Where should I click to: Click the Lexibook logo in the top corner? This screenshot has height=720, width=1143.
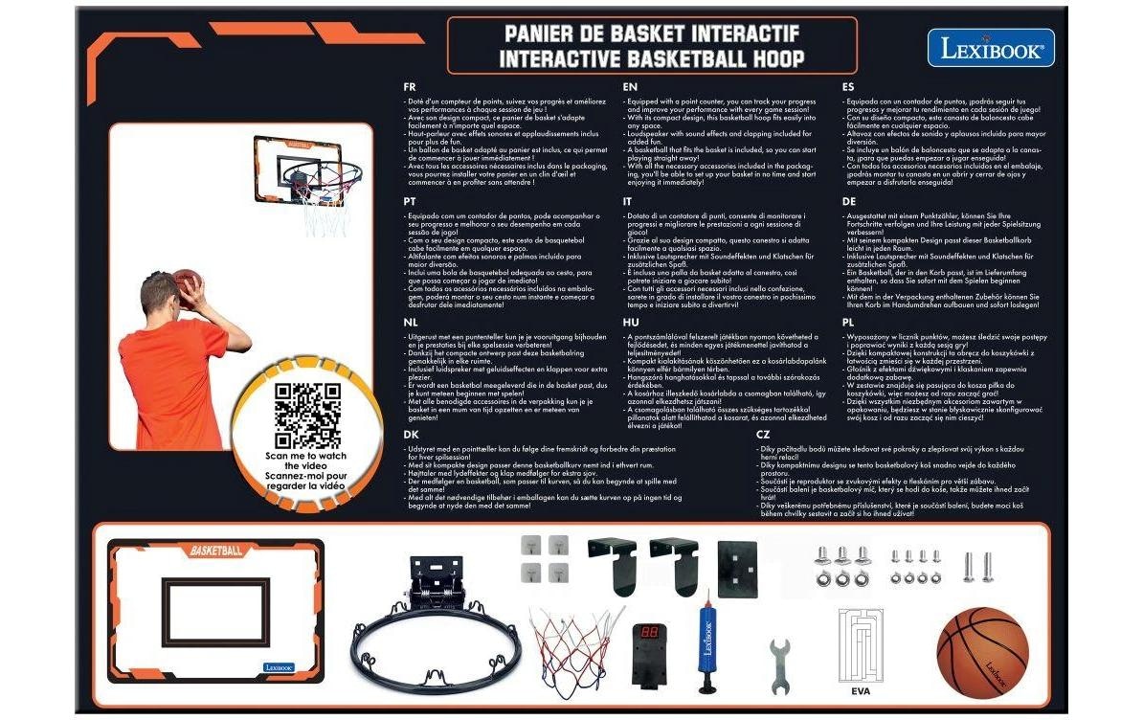coord(990,48)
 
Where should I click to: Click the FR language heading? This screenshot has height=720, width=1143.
coord(412,86)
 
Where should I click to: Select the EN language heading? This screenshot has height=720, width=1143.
coord(630,86)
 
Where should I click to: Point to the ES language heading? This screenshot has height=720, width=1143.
coord(848,86)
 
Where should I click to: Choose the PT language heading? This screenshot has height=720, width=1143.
coord(412,202)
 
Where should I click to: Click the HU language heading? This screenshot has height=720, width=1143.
coord(630,324)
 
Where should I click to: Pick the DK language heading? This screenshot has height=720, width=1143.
coord(412,434)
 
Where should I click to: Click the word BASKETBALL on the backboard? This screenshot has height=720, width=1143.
coord(216,551)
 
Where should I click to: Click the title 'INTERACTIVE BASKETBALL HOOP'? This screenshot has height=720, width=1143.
coord(651,57)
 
